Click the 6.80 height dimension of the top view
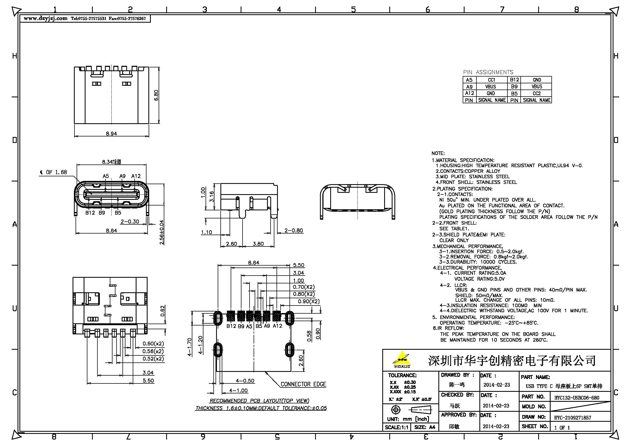[x=156, y=95]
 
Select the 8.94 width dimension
[x=111, y=134]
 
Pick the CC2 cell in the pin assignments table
[x=537, y=93]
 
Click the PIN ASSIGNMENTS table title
[x=488, y=72]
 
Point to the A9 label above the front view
[x=122, y=176]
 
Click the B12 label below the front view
[x=90, y=213]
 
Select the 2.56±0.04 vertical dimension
[x=162, y=232]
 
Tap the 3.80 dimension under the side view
[x=258, y=244]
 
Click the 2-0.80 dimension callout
[x=294, y=230]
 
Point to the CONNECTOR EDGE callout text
[x=303, y=384]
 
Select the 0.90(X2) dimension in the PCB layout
[x=309, y=301]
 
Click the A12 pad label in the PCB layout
[x=277, y=326]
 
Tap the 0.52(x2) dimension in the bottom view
[x=153, y=359]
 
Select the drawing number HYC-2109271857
[x=572, y=418]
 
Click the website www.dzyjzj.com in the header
[x=45, y=18]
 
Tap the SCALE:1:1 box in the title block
[x=396, y=427]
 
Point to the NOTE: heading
[x=438, y=153]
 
